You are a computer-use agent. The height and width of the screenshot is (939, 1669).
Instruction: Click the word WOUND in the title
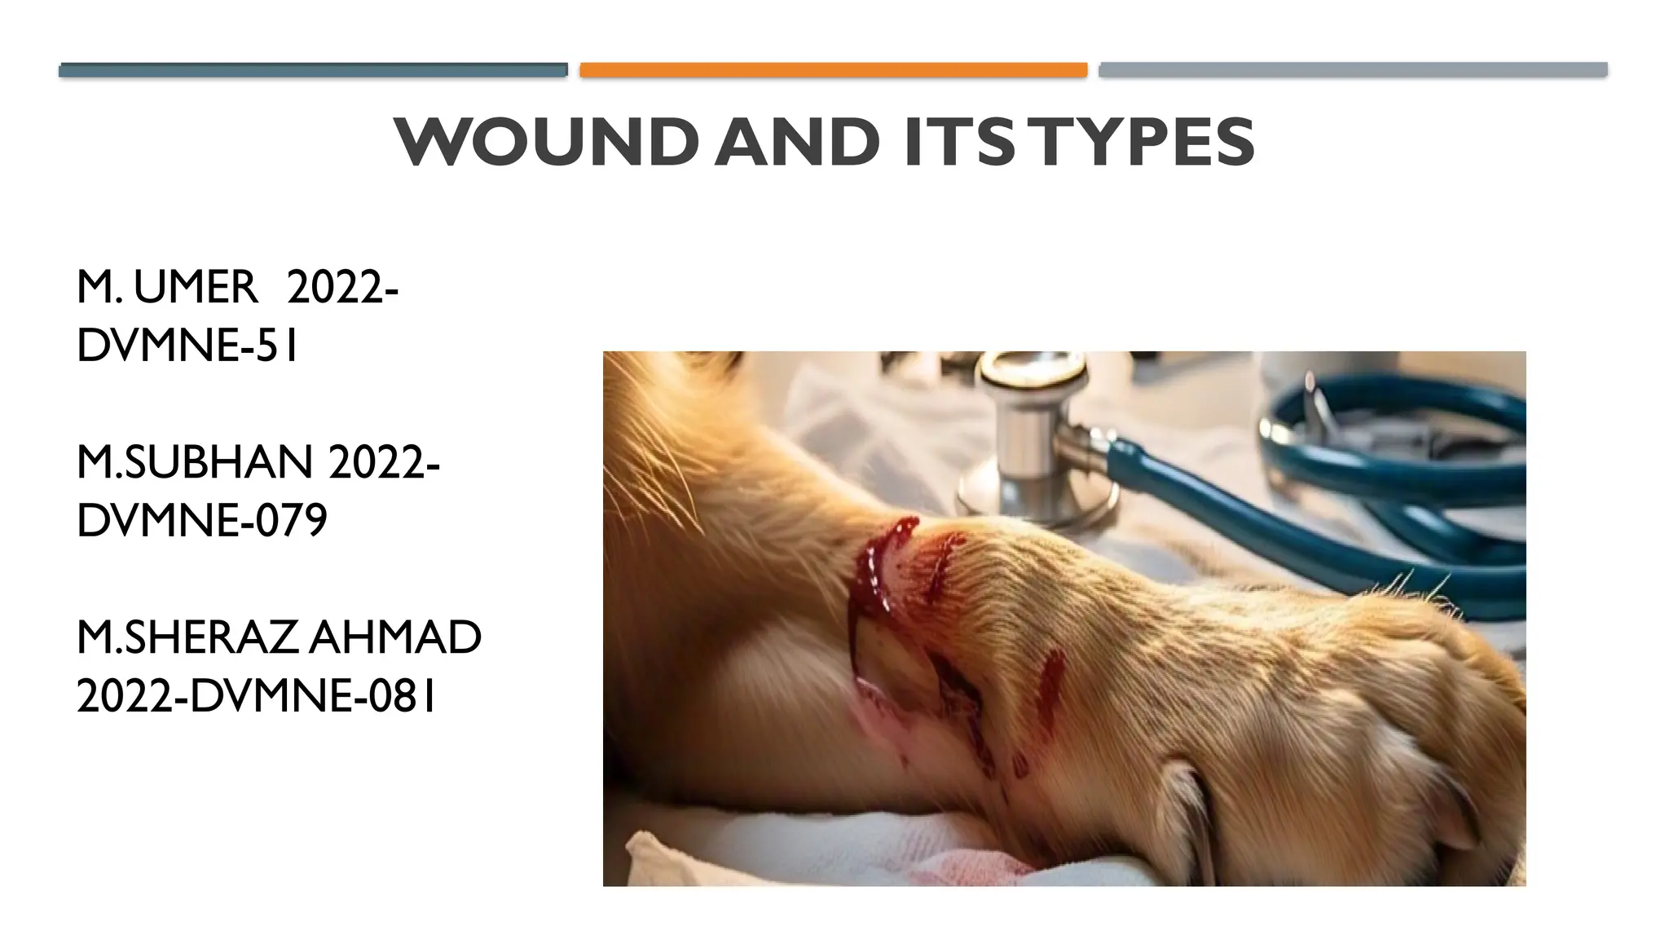coord(545,143)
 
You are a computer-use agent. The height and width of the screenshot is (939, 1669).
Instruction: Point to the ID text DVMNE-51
coord(187,346)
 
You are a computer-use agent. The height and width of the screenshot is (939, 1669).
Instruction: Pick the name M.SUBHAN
coord(194,462)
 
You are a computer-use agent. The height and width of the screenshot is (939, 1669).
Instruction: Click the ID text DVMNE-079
coord(201,521)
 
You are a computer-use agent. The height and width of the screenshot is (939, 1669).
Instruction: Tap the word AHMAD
coord(395,637)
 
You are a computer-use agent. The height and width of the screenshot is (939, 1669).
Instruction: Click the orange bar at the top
coord(833,70)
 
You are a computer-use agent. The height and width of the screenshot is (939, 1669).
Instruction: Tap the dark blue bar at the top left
coord(313,70)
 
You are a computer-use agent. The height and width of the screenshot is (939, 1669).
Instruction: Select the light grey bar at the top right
coord(1353,70)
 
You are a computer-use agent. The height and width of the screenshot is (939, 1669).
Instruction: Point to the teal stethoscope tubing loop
coord(1385,456)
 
